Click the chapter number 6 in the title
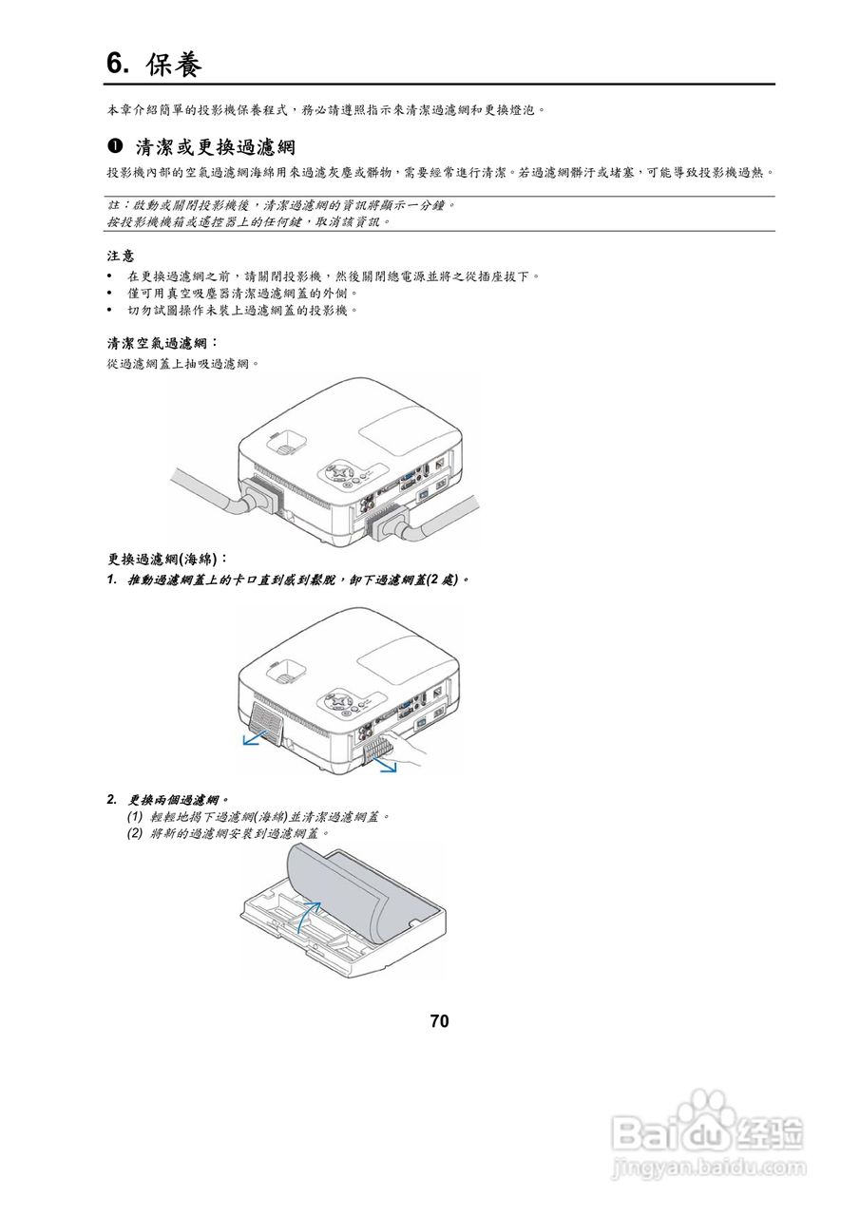[116, 64]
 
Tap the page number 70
[439, 1021]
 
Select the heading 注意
[120, 256]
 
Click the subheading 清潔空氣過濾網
[162, 343]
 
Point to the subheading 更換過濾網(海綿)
[167, 559]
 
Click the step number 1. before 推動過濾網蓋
[112, 579]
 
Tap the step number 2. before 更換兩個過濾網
[112, 799]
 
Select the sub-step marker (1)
[135, 816]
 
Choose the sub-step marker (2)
[135, 833]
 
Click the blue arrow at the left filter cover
[255, 738]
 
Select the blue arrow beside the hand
[384, 763]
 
